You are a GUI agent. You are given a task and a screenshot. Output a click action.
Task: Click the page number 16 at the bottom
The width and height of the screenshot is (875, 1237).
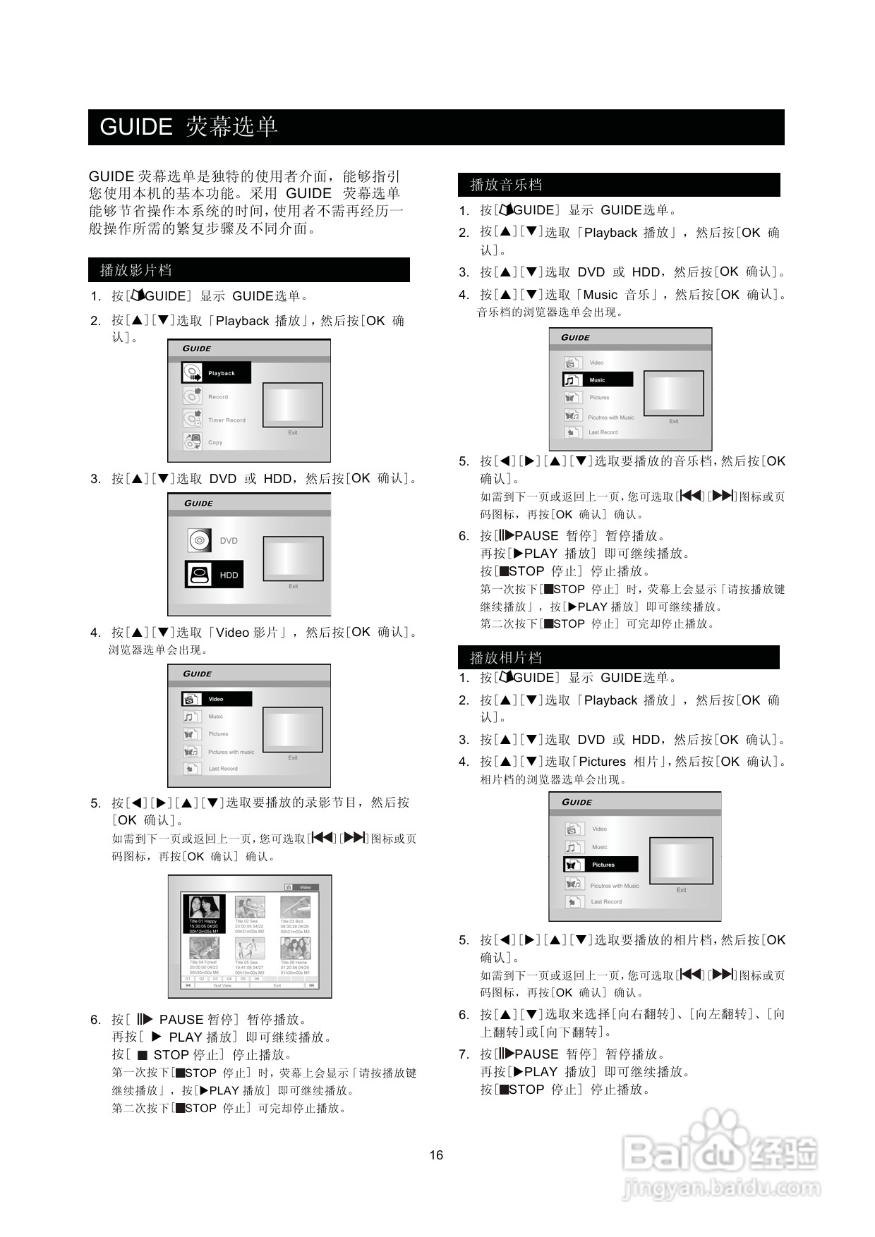click(x=436, y=1154)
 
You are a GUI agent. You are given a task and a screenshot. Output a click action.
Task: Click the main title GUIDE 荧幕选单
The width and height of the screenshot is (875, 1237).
click(x=188, y=127)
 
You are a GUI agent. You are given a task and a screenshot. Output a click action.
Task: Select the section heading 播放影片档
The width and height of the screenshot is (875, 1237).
click(x=135, y=270)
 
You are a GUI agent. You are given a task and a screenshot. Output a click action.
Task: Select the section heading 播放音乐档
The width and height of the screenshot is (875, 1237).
click(x=505, y=185)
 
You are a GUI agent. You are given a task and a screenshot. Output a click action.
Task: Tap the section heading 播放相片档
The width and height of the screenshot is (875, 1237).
click(x=505, y=657)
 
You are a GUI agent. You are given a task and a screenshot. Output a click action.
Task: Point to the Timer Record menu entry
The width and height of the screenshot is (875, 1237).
click(x=226, y=420)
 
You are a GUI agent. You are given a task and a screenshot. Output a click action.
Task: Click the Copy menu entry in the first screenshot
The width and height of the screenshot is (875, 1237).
click(x=215, y=442)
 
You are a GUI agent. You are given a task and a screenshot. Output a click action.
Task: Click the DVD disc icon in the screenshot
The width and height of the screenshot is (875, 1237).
click(x=200, y=540)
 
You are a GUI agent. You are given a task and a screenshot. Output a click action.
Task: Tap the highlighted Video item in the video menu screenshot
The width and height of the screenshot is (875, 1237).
click(x=216, y=699)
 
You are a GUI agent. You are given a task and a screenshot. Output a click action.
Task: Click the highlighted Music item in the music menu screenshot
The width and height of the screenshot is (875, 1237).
click(x=597, y=379)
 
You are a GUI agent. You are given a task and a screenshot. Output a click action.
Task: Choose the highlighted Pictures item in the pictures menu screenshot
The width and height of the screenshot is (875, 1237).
click(x=601, y=864)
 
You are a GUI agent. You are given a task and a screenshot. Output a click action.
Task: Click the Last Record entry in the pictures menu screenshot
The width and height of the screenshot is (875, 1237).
click(x=605, y=901)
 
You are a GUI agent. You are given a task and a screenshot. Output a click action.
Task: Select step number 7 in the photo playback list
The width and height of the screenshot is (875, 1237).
click(x=464, y=1054)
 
